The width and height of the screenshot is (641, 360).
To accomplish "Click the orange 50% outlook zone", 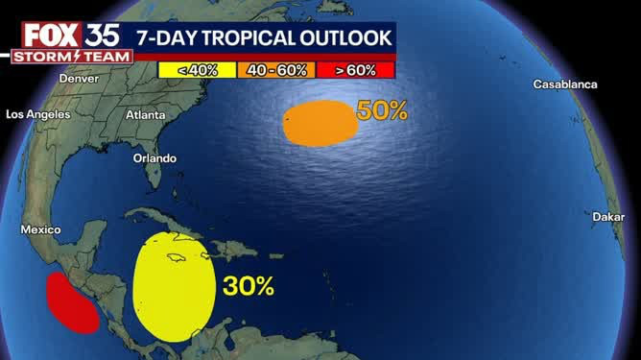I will tap(319, 123).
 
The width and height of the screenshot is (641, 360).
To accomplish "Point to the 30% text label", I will tap(249, 285).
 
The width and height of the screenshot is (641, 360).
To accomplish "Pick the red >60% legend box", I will tap(355, 69).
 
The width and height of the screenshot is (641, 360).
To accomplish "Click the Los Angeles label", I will tap(38, 114).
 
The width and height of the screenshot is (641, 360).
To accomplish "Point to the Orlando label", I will tap(154, 157).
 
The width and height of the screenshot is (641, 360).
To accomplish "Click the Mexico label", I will tap(40, 230).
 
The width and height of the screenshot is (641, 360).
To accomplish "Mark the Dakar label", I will tap(608, 217).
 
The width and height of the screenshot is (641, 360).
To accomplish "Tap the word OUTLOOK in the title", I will tap(351, 37).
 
